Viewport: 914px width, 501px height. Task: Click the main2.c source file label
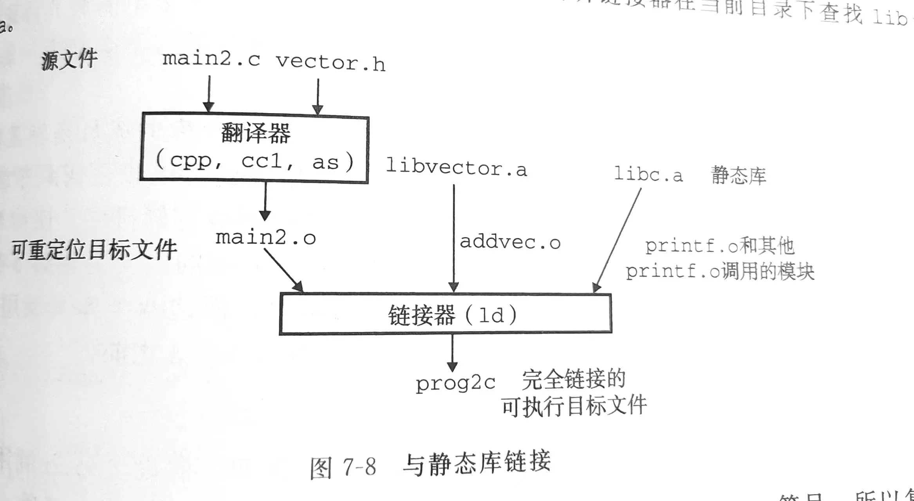pyautogui.click(x=211, y=59)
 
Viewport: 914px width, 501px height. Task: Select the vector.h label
pyautogui.click(x=330, y=63)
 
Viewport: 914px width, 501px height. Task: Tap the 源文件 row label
pyautogui.click(x=69, y=60)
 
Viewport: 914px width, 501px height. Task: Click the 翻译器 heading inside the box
pyautogui.click(x=256, y=133)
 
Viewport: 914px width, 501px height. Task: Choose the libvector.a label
pyautogui.click(x=456, y=168)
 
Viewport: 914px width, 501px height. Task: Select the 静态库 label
pyautogui.click(x=738, y=175)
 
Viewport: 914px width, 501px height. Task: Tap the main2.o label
pyautogui.click(x=266, y=238)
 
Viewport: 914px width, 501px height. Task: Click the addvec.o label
pyautogui.click(x=510, y=242)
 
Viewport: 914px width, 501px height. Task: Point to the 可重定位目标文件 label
pyautogui.click(x=94, y=249)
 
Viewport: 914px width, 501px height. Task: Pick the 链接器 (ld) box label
pyautogui.click(x=452, y=315)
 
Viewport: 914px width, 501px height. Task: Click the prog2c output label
pyautogui.click(x=455, y=383)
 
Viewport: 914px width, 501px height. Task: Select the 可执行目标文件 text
pyautogui.click(x=574, y=406)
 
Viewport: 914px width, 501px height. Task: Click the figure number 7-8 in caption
pyautogui.click(x=359, y=467)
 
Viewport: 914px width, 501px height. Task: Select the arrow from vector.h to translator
pyautogui.click(x=318, y=96)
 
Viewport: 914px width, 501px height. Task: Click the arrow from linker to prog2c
pyautogui.click(x=452, y=352)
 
